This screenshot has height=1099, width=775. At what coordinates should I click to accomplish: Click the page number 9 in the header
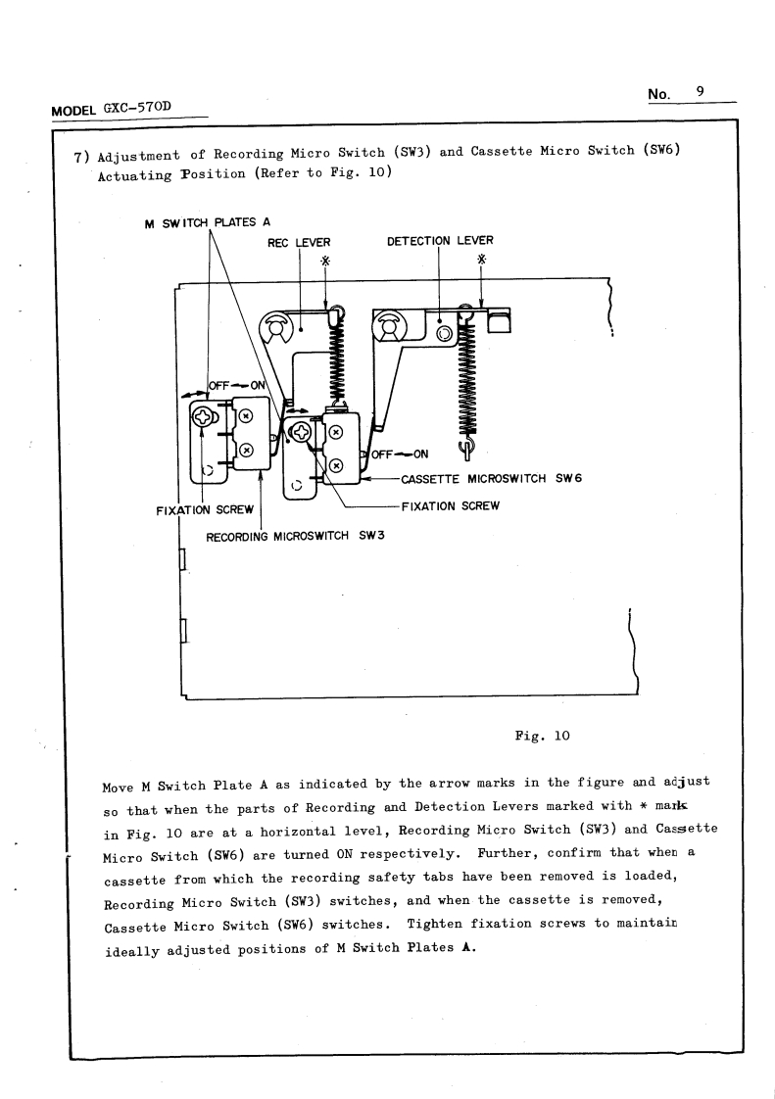(701, 91)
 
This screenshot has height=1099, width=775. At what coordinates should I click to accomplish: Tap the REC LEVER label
(299, 241)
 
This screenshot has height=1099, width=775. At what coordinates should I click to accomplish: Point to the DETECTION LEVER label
(440, 240)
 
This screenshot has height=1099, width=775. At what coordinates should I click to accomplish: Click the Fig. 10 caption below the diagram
(542, 736)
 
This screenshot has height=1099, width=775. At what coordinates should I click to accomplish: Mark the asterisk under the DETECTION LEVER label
(481, 260)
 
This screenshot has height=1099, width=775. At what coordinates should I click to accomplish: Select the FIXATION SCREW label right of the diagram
(451, 506)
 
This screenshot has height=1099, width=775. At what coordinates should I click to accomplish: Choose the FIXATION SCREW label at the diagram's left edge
(205, 509)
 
